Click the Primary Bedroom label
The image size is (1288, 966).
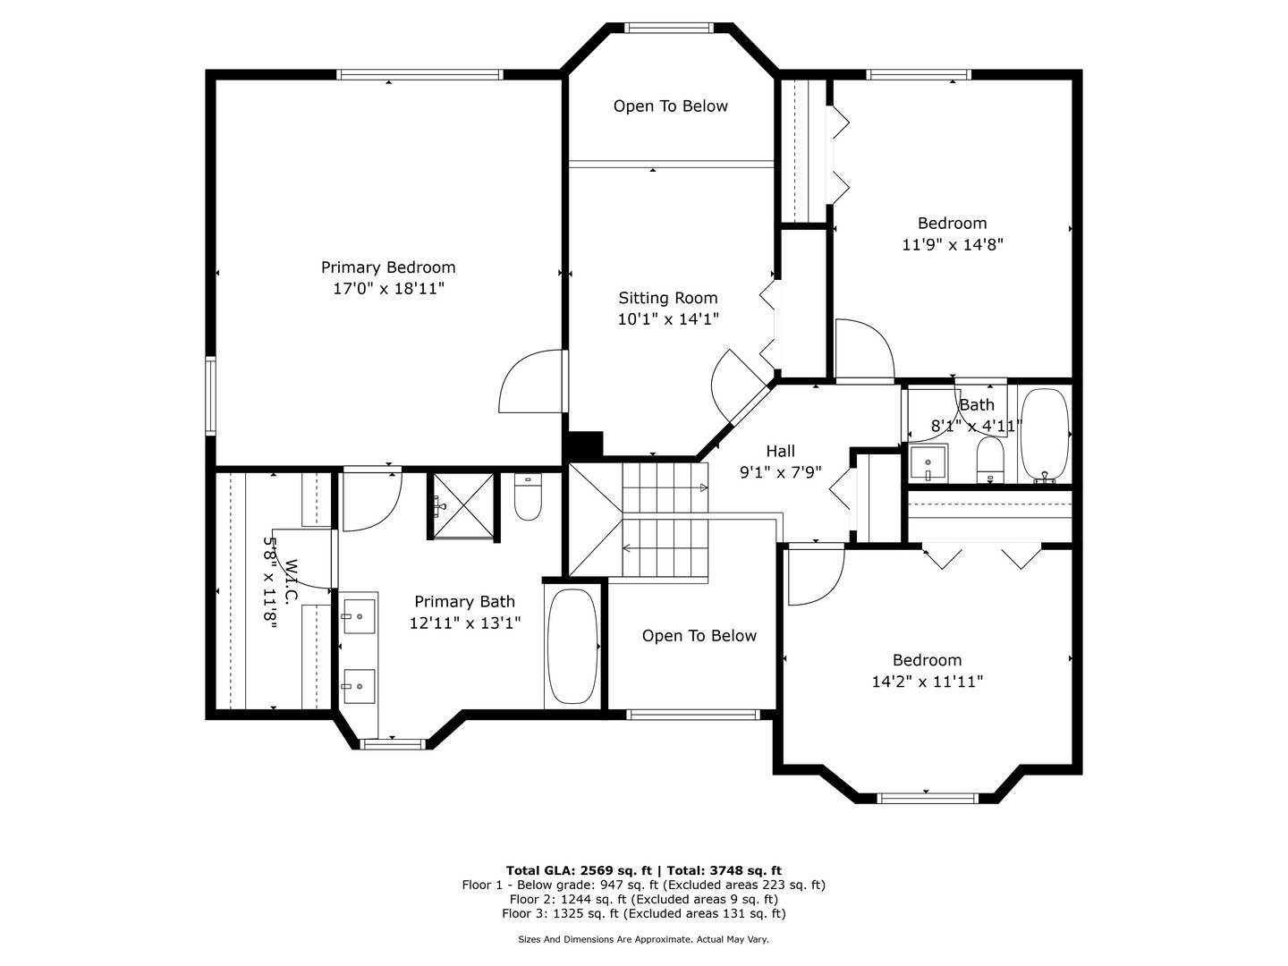tap(388, 267)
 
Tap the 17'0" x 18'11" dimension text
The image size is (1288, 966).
tap(388, 289)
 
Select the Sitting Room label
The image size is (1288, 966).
tap(668, 298)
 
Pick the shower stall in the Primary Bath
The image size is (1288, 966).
tap(463, 506)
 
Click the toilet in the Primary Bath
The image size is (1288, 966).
tap(529, 499)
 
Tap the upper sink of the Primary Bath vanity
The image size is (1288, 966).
tap(359, 616)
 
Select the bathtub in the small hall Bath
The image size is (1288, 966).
tap(1044, 436)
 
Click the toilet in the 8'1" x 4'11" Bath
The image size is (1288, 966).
tap(990, 460)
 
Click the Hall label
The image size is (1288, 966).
tap(780, 452)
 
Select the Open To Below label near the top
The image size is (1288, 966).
tap(670, 106)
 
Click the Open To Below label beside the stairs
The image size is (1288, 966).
tap(699, 636)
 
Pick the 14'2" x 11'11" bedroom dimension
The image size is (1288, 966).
tap(928, 682)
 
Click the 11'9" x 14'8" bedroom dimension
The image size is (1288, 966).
tap(952, 244)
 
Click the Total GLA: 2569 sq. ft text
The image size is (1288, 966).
tap(580, 870)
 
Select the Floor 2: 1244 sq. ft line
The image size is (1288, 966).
tap(643, 899)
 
